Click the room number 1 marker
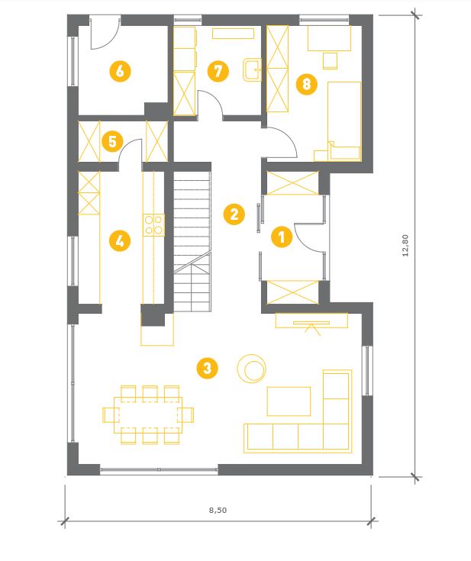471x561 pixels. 282,237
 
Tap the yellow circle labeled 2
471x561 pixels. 234,214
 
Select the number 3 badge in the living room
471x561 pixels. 207,368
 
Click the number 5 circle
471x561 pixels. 112,141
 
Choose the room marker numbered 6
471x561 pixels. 120,71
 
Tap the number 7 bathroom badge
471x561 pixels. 218,71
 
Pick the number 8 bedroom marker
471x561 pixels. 307,84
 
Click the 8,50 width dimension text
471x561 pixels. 218,510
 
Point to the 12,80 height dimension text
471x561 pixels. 405,246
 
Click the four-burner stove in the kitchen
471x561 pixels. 154,225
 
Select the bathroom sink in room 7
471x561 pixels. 253,70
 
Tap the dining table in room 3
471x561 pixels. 148,415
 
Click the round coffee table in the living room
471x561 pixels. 252,369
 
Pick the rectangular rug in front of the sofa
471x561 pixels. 289,401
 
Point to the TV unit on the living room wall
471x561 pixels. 311,321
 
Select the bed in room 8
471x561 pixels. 344,121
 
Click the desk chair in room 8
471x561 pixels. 330,61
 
